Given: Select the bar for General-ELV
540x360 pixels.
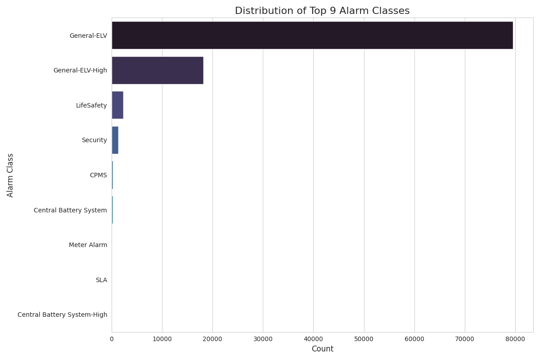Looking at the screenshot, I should click(312, 35).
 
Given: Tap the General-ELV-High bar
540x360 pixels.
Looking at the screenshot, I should click(157, 70).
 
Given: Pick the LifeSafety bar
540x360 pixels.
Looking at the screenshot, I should click(117, 105).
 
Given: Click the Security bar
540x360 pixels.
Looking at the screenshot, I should click(115, 140).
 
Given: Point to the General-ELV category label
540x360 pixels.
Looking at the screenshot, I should click(88, 35).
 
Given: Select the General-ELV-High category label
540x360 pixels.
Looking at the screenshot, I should click(80, 70).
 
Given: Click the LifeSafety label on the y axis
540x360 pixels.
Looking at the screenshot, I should click(92, 105).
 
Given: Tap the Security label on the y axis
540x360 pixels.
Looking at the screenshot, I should click(94, 140).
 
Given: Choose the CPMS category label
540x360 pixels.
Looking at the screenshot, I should click(99, 175).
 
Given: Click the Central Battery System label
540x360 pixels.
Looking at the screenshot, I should click(70, 210).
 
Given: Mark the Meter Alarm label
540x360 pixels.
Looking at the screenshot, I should click(88, 245).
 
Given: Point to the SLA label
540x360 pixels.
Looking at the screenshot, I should click(101, 280).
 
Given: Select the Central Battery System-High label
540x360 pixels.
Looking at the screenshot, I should click(62, 315).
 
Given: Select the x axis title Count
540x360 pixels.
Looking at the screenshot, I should click(322, 349).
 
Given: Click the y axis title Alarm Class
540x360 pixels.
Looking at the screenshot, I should click(10, 175).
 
